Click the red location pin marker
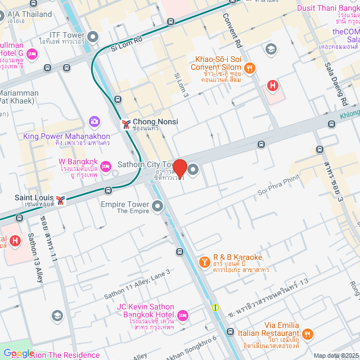click(180, 168)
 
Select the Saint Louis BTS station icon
click(60, 199)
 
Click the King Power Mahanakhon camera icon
click(94, 121)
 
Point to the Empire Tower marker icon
click(157, 208)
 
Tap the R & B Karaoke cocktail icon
click(205, 262)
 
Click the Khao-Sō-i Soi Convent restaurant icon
click(250, 68)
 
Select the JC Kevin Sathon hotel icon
click(183, 314)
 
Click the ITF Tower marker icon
click(93, 37)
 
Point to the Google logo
click(19, 353)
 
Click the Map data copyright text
click(336, 355)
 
